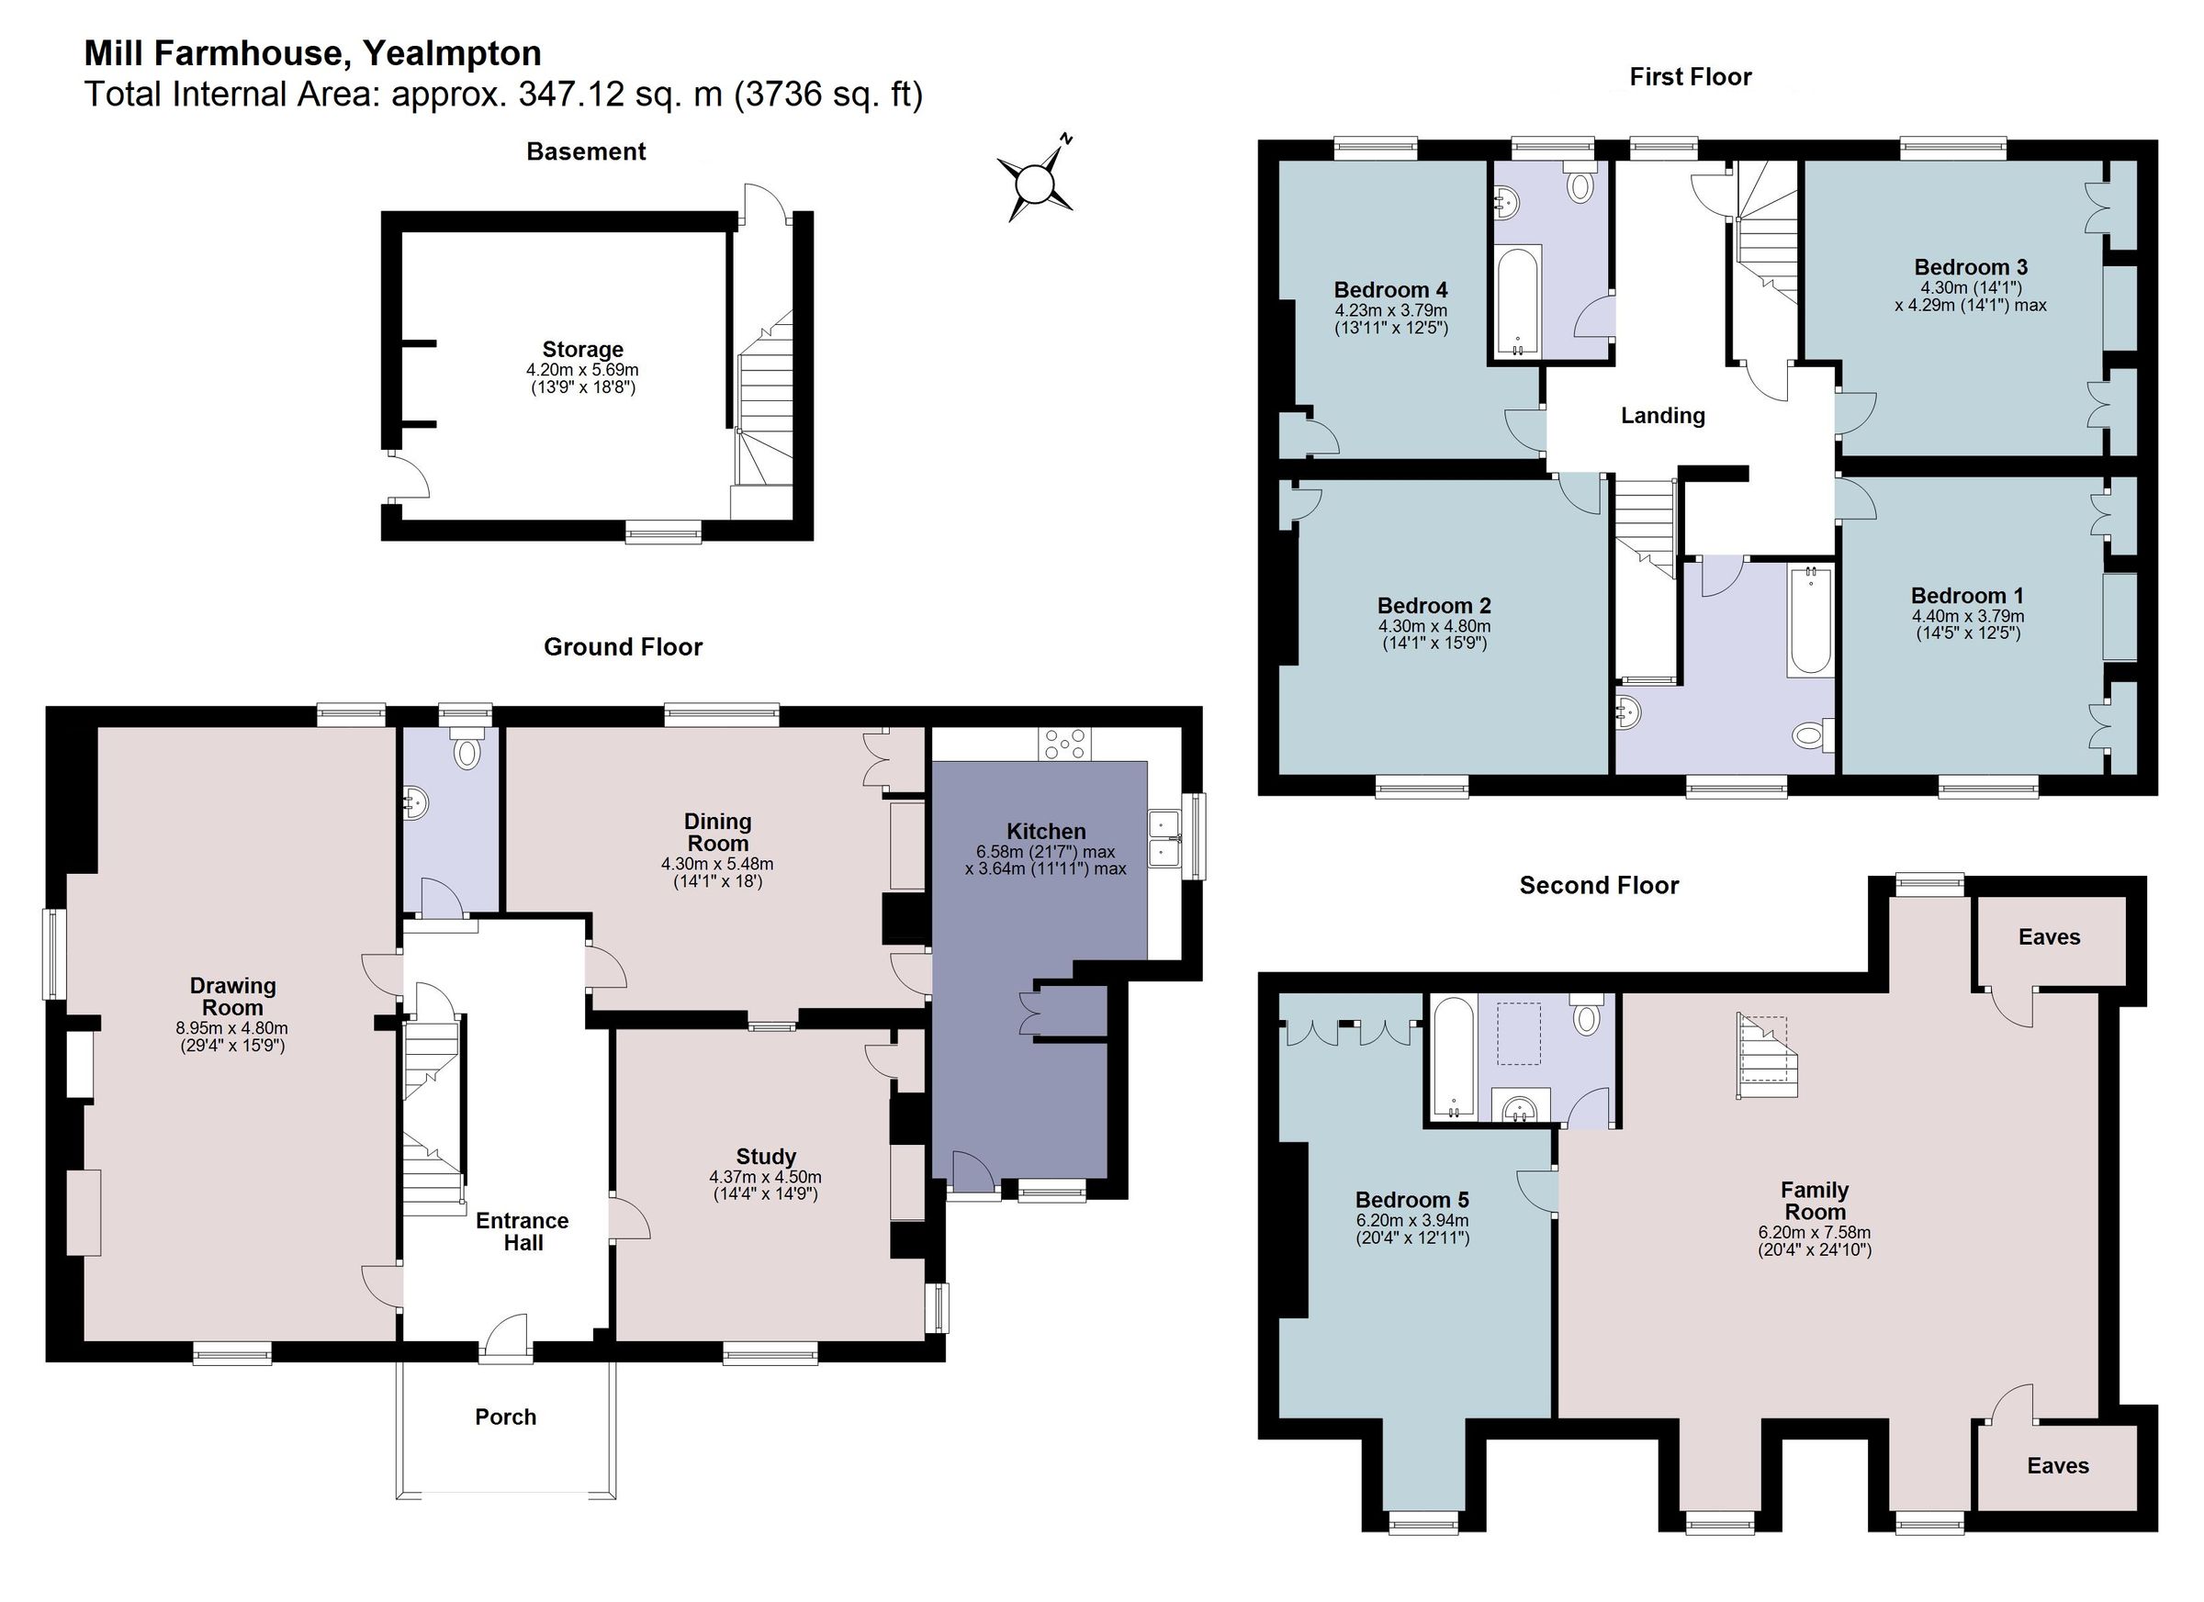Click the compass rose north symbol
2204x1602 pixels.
click(1036, 181)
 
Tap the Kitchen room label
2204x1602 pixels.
click(1046, 832)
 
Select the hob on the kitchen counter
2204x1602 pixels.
click(1065, 745)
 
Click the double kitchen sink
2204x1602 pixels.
click(1164, 837)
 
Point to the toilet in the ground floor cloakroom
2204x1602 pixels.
click(467, 751)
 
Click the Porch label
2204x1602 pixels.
click(505, 1417)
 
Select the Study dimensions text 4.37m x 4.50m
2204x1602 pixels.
click(765, 1177)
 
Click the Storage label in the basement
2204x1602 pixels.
click(582, 350)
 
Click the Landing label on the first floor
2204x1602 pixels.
click(1663, 416)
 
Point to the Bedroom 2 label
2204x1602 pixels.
click(1434, 605)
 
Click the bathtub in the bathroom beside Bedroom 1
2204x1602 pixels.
click(1809, 622)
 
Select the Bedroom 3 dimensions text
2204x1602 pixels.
click(1970, 297)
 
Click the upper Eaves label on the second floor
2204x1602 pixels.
click(2049, 936)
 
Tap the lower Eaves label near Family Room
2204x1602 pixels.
click(2057, 1466)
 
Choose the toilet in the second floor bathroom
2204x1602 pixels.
click(1587, 1015)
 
